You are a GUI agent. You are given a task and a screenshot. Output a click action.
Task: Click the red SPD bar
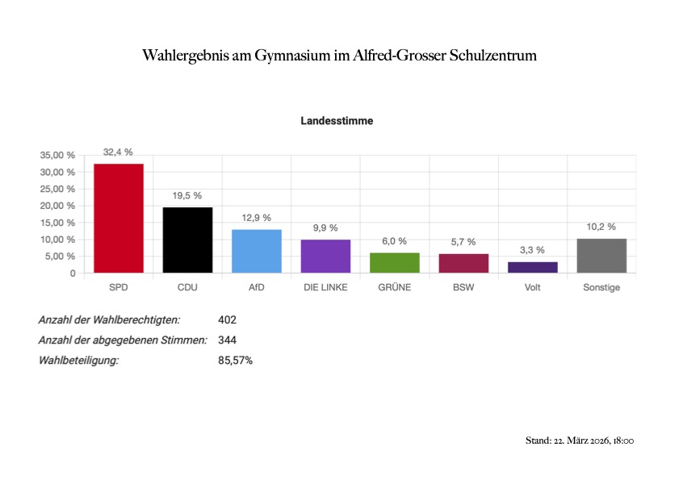119,218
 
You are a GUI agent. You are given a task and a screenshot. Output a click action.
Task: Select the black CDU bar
187,240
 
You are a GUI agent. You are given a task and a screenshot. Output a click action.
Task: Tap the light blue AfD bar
257,251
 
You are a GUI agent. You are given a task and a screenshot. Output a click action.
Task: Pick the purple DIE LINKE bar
325,256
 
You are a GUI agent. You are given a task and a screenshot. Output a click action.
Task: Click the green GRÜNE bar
395,263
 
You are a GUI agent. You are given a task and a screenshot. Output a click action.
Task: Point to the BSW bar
463,263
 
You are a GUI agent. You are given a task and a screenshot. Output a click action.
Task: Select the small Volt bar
533,267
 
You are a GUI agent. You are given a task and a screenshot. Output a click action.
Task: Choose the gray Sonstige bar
601,256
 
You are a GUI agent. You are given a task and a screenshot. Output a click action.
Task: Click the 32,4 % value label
118,152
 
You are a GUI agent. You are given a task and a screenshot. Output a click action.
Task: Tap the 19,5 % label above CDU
187,195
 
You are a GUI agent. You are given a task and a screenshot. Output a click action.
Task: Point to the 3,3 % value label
533,250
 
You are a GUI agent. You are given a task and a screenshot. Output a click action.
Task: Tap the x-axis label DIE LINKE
325,288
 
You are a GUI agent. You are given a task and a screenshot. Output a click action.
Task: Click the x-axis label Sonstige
601,288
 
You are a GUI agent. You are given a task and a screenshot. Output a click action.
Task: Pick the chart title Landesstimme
337,121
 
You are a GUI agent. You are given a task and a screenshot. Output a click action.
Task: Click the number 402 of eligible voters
227,320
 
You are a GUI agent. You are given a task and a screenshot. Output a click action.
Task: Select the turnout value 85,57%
235,361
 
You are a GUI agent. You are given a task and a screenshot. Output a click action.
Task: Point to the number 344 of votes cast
227,340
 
